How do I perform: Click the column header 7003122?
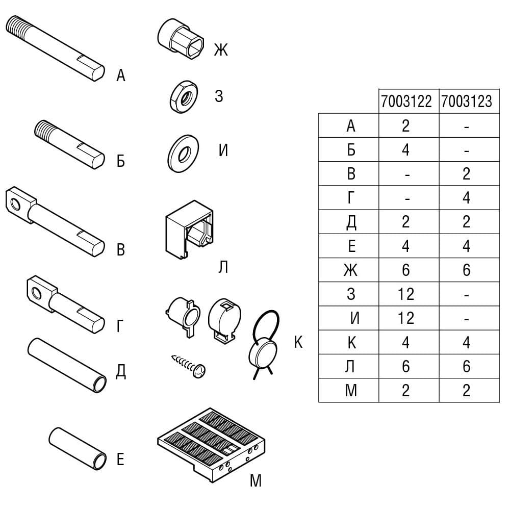click(x=406, y=101)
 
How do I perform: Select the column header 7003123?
click(x=467, y=101)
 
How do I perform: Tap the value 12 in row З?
click(x=406, y=294)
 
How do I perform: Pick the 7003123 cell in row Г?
click(x=467, y=198)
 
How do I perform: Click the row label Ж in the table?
click(x=351, y=270)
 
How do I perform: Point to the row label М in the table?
click(x=351, y=390)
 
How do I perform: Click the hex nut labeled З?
click(x=184, y=97)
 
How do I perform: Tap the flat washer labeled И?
click(x=184, y=154)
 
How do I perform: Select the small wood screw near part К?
click(x=189, y=366)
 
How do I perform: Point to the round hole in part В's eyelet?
click(x=15, y=205)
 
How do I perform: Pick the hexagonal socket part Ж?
click(x=181, y=38)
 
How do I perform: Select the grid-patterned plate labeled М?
click(x=212, y=445)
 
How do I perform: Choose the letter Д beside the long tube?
click(x=121, y=371)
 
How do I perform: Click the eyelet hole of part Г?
click(x=37, y=294)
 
